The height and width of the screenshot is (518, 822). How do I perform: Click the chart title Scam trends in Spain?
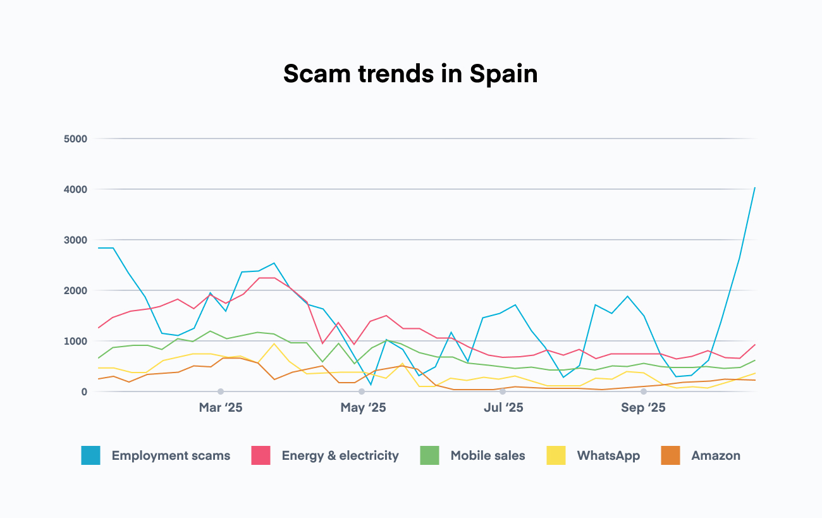[410, 74]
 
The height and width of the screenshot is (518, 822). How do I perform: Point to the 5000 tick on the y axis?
[75, 139]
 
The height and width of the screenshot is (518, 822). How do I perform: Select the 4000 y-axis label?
[75, 189]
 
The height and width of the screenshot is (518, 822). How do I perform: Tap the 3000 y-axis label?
[75, 240]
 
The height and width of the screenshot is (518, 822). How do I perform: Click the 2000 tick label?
[75, 290]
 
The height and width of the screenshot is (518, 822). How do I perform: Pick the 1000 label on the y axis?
[75, 341]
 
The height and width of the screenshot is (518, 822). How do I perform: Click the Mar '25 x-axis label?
[220, 408]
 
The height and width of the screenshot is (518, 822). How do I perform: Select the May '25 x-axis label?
[363, 408]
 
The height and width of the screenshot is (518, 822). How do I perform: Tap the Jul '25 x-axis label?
[503, 408]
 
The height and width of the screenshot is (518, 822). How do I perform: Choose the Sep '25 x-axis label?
[643, 408]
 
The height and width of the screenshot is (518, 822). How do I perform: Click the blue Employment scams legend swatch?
[91, 455]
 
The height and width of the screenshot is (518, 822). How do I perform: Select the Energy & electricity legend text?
[340, 455]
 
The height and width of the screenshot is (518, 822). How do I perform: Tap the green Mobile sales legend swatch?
[430, 455]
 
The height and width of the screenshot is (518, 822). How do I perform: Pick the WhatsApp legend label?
[608, 455]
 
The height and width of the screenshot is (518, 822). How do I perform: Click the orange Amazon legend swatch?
[670, 455]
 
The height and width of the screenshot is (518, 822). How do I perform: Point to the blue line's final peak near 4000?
[755, 188]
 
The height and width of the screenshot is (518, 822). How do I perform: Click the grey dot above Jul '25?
[503, 392]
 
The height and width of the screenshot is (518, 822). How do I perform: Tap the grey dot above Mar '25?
[221, 392]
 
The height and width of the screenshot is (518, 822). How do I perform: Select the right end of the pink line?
[755, 345]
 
